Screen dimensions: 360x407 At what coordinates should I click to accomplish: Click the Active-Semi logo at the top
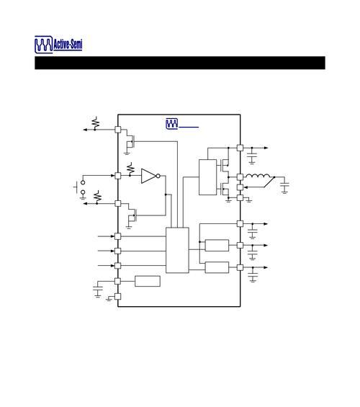[x=58, y=45]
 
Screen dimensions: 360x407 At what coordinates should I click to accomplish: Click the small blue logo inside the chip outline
[x=171, y=124]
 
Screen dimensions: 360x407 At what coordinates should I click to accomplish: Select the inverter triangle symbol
[x=148, y=176]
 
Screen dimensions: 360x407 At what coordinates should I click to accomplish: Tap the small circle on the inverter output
[x=158, y=176]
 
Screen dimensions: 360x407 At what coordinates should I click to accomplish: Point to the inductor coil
[x=258, y=176]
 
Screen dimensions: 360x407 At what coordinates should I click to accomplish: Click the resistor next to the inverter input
[x=131, y=169]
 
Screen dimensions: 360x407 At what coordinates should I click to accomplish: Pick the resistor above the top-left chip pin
[x=96, y=122]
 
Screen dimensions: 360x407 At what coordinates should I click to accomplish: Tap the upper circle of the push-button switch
[x=83, y=182]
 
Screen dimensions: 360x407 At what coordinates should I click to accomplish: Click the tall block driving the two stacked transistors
[x=208, y=177]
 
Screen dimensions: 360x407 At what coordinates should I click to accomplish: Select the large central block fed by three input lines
[x=177, y=250]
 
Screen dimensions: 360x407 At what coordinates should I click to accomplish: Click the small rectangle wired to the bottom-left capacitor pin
[x=148, y=281]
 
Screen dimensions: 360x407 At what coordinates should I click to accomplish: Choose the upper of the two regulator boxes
[x=217, y=246]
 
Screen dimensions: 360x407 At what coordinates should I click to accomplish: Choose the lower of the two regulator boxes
[x=217, y=267]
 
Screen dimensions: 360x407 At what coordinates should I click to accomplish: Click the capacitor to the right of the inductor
[x=285, y=187]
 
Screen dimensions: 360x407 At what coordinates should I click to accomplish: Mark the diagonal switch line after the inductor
[x=269, y=182]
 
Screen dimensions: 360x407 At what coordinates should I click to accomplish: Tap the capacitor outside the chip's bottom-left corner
[x=98, y=290]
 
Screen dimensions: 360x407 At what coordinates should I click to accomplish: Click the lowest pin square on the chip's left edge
[x=118, y=296]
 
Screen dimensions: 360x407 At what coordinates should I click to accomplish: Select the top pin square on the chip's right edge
[x=240, y=148]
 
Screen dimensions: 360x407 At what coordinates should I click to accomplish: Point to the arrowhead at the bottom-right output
[x=266, y=267]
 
